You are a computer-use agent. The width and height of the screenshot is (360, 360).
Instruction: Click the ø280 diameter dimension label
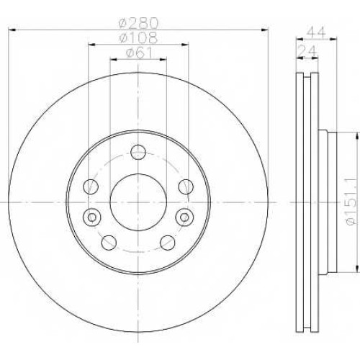point(139,23)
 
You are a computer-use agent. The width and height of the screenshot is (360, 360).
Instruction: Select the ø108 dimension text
point(138,37)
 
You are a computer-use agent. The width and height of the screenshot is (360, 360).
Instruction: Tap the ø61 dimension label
point(139,53)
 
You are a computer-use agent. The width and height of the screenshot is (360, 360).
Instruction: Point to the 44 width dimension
point(316,32)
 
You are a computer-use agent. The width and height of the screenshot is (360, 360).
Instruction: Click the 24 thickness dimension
point(308,51)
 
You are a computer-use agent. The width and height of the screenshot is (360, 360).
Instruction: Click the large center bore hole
point(138,202)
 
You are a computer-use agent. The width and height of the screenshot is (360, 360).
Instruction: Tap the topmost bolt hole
point(138,152)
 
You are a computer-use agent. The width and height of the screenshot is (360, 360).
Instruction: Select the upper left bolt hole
point(91,186)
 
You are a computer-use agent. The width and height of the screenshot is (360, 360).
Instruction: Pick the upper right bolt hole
point(186,186)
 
